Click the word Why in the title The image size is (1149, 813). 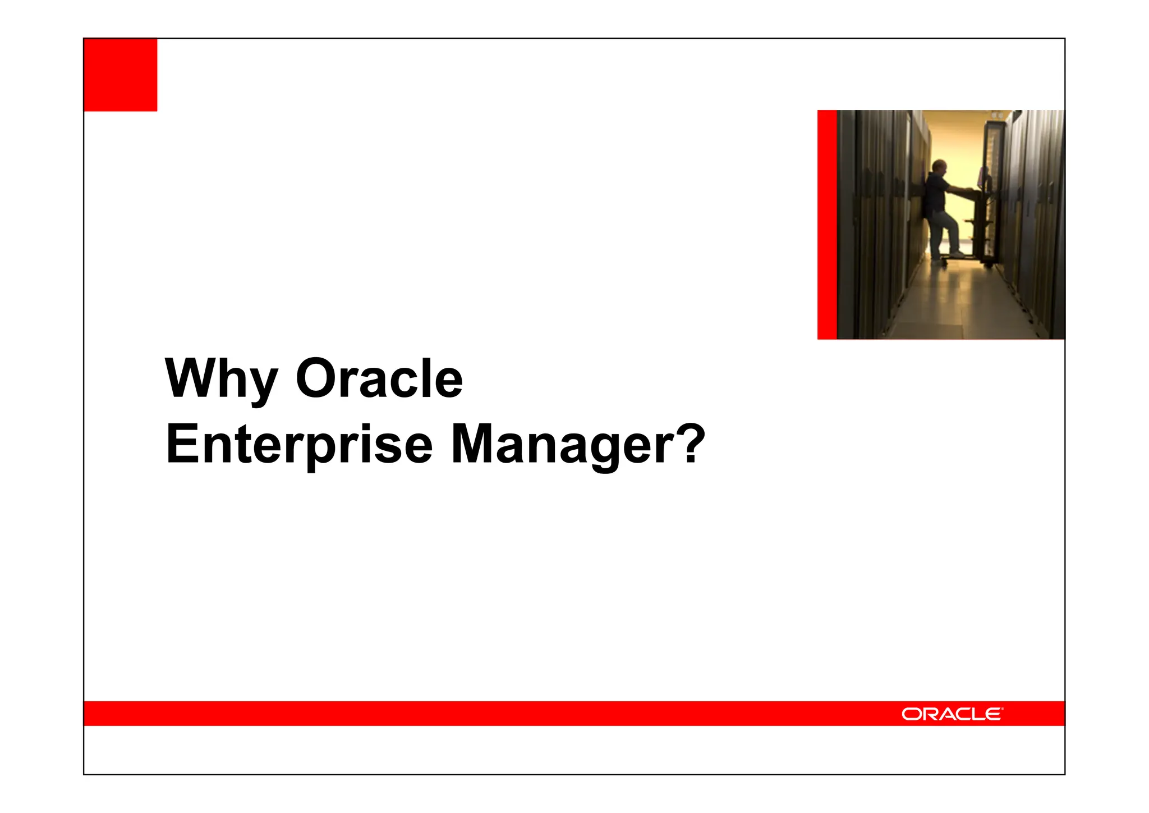pos(221,380)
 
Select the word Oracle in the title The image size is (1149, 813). pos(379,380)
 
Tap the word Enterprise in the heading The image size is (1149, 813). pos(299,445)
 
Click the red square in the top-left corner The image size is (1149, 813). pos(120,75)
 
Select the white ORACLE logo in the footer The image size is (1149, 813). pos(952,714)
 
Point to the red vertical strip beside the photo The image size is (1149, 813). pos(827,225)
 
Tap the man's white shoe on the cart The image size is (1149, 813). pos(957,254)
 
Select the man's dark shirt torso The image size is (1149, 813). pos(935,194)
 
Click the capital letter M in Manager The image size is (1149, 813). pos(470,445)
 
